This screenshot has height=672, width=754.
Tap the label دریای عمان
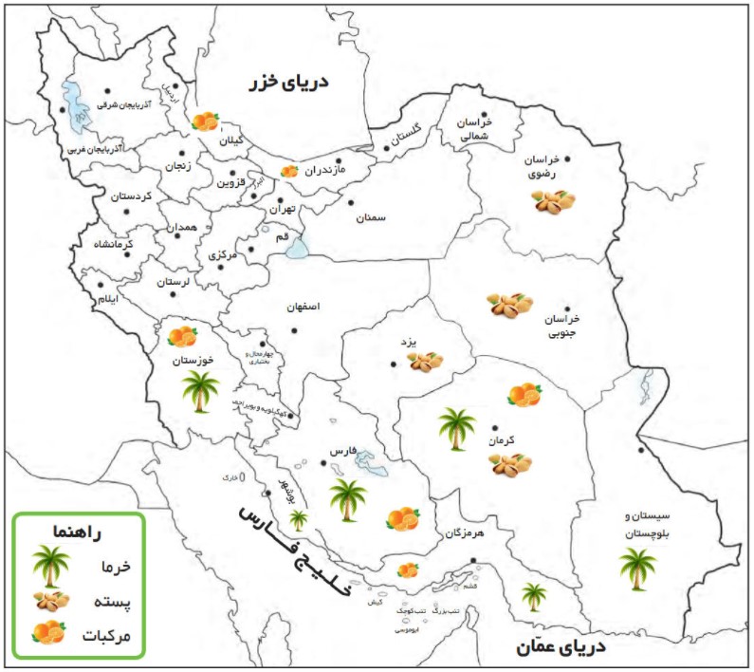coord(561,647)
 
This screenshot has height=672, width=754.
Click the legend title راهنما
coord(79,532)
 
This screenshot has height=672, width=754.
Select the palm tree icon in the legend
coord(46,566)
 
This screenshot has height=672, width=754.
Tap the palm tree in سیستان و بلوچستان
coord(636,568)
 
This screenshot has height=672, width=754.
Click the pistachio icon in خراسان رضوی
coord(554,201)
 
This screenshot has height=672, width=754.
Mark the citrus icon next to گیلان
coord(205,121)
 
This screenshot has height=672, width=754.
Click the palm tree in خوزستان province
coord(200,390)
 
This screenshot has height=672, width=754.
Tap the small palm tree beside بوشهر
coord(299,519)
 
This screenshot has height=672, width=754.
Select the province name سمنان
coord(371,218)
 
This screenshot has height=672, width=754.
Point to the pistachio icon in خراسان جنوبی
coord(510,305)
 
